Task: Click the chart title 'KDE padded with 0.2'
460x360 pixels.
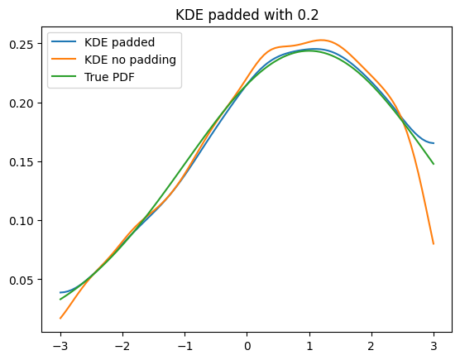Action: pyautogui.click(x=247, y=15)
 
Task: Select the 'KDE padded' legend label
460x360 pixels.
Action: pyautogui.click(x=119, y=42)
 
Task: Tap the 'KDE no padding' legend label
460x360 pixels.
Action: pyautogui.click(x=130, y=60)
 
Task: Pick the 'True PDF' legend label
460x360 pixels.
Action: pyautogui.click(x=109, y=77)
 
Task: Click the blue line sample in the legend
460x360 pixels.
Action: pyautogui.click(x=64, y=41)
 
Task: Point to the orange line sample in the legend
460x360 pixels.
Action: pyautogui.click(x=64, y=59)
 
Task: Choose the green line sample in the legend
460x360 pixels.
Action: pyautogui.click(x=64, y=76)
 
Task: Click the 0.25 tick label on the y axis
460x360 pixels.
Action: pyautogui.click(x=22, y=45)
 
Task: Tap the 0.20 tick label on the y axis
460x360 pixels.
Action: pyautogui.click(x=22, y=103)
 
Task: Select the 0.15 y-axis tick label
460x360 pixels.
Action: pyautogui.click(x=22, y=162)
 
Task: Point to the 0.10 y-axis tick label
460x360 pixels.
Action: pyautogui.click(x=22, y=221)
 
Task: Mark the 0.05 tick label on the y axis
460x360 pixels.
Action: pyautogui.click(x=22, y=280)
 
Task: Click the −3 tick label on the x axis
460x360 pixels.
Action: pyautogui.click(x=60, y=347)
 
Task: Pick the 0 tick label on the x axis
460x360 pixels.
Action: pyautogui.click(x=247, y=347)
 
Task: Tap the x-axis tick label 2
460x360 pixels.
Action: pyautogui.click(x=371, y=347)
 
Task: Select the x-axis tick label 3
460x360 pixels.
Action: pyautogui.click(x=434, y=347)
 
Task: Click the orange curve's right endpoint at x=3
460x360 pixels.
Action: pyautogui.click(x=434, y=244)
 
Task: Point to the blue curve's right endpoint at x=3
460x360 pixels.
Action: pyautogui.click(x=434, y=143)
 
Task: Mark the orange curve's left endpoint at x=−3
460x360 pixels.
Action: pyautogui.click(x=60, y=319)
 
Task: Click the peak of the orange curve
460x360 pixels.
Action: pyautogui.click(x=322, y=40)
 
